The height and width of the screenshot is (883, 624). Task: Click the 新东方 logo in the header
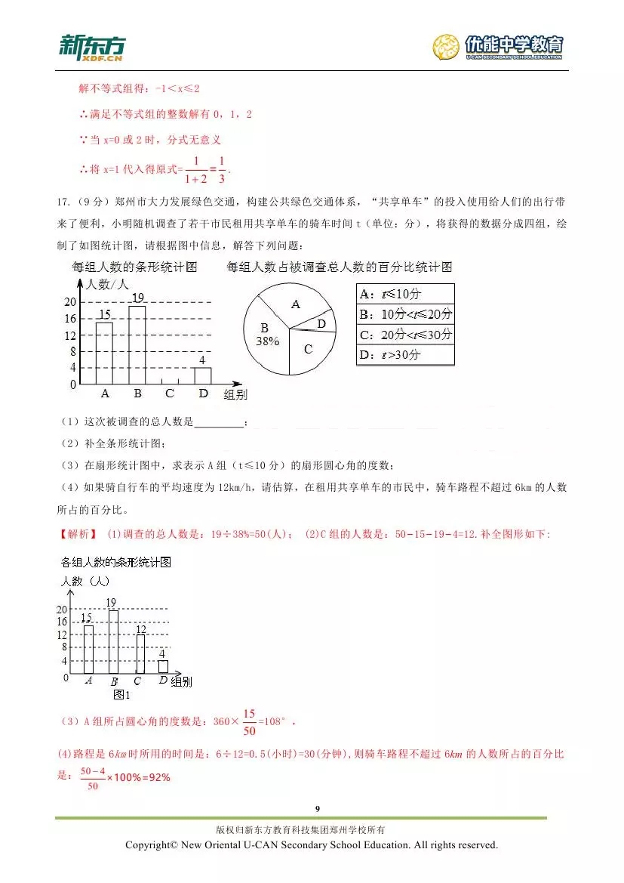pos(91,47)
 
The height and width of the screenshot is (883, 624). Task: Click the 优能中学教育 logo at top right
pos(499,47)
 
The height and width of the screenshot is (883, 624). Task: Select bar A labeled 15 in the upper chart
pos(105,353)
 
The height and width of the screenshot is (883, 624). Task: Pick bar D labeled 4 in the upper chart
pos(202,375)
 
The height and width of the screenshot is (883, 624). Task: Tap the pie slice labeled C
pos(308,349)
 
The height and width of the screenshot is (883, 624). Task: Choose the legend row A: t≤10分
pos(405,295)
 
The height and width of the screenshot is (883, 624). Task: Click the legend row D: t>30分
pos(405,354)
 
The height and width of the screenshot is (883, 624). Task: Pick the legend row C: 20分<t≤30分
pos(405,335)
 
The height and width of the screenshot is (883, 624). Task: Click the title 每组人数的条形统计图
pos(134,267)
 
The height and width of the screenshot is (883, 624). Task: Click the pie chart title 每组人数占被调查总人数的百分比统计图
pos(339,267)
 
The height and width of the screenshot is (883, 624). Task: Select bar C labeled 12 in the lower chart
pos(140,653)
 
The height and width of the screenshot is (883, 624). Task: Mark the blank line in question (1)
pos(220,423)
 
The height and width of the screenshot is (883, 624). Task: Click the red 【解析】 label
pos(78,534)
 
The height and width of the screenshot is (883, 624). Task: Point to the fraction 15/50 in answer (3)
pos(250,721)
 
